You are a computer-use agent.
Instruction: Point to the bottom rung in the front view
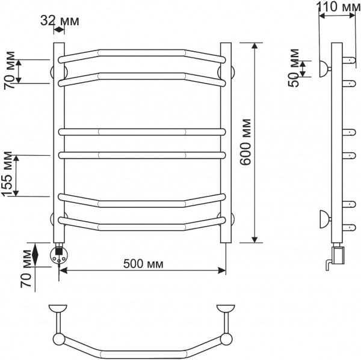click(143, 227)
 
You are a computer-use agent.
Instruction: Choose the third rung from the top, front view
click(143, 130)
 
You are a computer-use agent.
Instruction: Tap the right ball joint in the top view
click(226, 339)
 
